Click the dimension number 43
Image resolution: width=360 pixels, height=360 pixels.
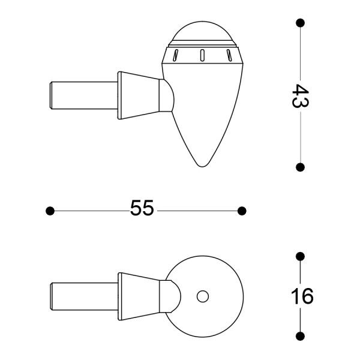(x=300, y=95)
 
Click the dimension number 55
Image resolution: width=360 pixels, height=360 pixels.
(x=142, y=209)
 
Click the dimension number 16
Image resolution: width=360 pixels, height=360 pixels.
(x=304, y=296)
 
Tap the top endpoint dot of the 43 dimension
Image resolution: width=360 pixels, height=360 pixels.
(x=300, y=23)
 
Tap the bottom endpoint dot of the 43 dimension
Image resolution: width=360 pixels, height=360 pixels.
(x=300, y=166)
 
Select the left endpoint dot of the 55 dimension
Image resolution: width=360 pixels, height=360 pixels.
(x=50, y=211)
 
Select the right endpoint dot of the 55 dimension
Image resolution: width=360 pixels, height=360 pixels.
(x=242, y=211)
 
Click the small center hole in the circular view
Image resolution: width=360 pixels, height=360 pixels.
(x=203, y=296)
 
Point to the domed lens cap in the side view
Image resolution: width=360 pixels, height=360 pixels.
(x=202, y=32)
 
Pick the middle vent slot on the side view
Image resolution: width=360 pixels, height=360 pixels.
(x=202, y=55)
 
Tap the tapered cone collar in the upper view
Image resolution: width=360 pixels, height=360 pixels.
(x=139, y=95)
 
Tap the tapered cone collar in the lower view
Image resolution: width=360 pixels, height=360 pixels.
(x=139, y=296)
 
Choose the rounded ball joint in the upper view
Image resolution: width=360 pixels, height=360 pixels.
(x=168, y=95)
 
